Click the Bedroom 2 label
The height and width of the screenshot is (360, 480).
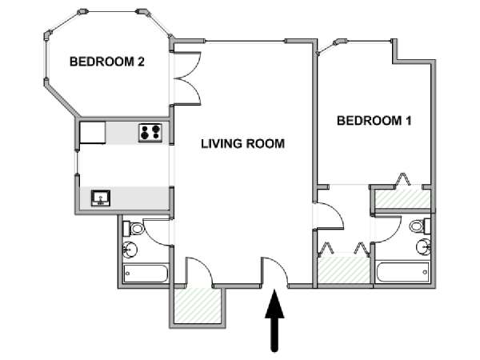click(107, 62)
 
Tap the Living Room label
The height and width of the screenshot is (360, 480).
click(242, 143)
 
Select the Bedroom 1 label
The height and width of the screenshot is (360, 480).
click(374, 121)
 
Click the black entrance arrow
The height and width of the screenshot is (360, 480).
click(274, 320)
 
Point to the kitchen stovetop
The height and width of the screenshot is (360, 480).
click(150, 132)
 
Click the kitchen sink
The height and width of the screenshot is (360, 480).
click(101, 198)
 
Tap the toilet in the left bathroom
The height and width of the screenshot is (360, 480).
click(133, 229)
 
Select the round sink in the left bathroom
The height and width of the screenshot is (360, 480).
click(130, 249)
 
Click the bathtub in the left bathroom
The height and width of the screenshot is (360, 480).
click(146, 274)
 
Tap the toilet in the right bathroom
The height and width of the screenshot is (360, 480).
click(420, 226)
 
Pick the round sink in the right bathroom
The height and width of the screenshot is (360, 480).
click(424, 246)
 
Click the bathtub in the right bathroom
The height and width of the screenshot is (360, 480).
click(403, 272)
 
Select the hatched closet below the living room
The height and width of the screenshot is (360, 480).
click(198, 306)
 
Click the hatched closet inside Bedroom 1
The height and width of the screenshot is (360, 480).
click(403, 198)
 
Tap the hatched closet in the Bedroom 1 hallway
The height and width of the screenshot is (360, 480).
click(344, 270)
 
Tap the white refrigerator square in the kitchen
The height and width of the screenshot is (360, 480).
click(93, 133)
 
